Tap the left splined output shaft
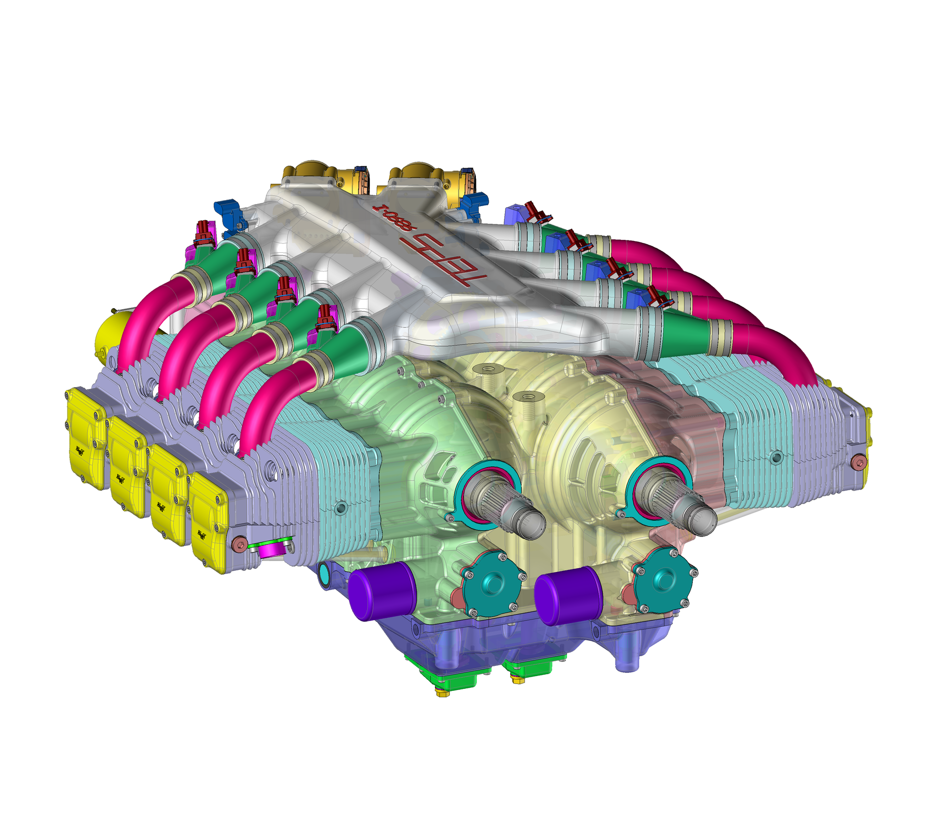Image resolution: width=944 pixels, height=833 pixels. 506,506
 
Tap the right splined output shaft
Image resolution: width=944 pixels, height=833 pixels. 681,506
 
